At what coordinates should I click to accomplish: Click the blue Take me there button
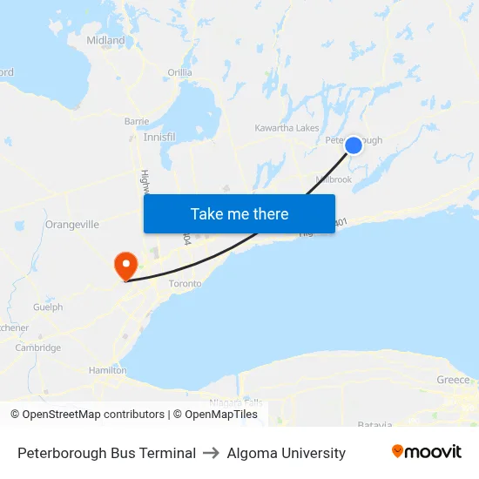[239, 213]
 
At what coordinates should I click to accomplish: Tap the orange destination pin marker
[125, 264]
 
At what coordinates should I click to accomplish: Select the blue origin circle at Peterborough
[354, 145]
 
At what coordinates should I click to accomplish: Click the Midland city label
[105, 40]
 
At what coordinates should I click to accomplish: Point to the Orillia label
[180, 72]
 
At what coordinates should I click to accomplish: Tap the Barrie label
[137, 121]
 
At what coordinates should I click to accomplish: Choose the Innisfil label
[159, 138]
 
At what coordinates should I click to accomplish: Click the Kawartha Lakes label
[287, 128]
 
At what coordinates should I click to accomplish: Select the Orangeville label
[71, 224]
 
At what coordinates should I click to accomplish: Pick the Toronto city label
[185, 284]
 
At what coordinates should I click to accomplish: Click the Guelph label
[48, 307]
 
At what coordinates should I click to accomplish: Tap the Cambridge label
[38, 347]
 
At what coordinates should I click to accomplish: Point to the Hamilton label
[107, 370]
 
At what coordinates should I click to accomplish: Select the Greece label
[453, 380]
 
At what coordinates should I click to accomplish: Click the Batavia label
[374, 424]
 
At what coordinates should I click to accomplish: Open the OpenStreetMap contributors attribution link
[87, 415]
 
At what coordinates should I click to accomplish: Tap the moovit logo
[427, 452]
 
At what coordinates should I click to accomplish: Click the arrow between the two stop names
[212, 453]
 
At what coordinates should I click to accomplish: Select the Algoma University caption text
[287, 453]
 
